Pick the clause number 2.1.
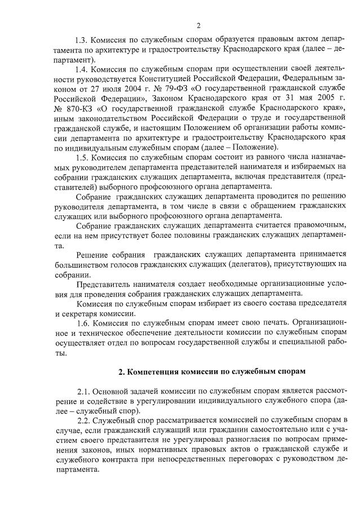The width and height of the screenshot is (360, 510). pos(86,391)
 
